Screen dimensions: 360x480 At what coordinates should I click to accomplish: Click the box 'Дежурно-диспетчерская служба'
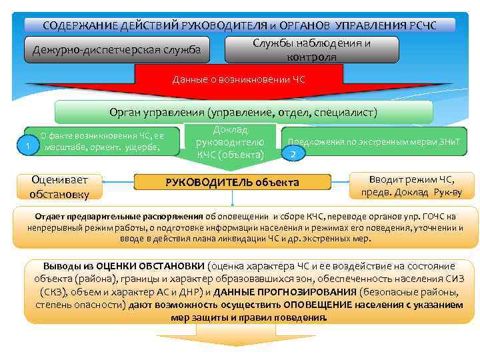[117, 50]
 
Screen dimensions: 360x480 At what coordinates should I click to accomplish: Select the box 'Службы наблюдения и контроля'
[312, 50]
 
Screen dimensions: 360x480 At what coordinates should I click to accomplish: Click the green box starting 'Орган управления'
[243, 112]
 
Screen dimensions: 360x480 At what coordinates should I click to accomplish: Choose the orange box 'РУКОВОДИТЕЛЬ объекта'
[232, 182]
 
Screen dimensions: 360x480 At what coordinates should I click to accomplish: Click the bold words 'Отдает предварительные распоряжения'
[119, 217]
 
